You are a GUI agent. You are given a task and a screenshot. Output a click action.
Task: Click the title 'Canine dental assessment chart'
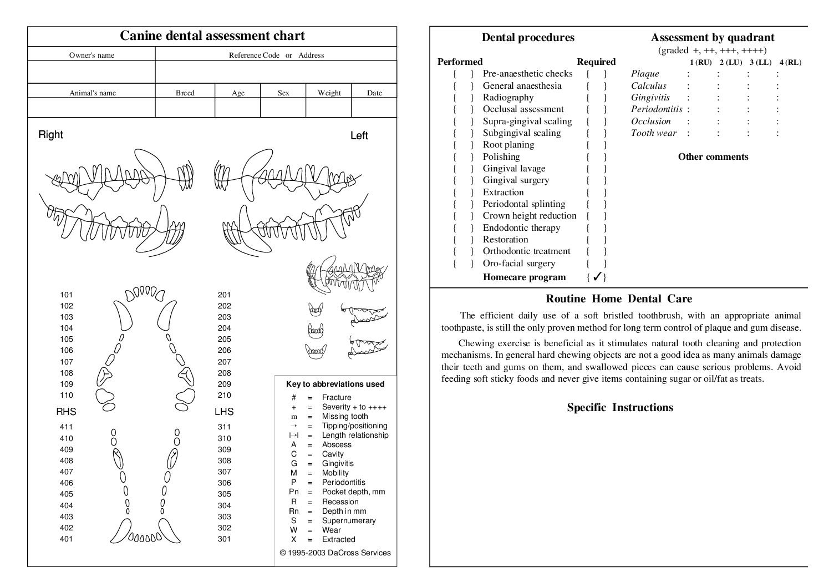212,36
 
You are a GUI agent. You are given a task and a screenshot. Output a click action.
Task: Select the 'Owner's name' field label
91,55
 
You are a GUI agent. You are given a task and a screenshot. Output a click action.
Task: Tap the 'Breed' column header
185,93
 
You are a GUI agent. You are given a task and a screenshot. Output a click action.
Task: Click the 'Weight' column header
329,93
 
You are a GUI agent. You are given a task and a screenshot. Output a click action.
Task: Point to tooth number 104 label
67,328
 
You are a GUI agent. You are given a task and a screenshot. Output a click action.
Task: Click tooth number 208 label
224,373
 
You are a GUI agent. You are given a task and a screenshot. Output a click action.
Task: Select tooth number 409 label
67,449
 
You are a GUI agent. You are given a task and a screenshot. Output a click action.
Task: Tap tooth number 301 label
224,539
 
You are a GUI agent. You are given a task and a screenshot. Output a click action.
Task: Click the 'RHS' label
66,412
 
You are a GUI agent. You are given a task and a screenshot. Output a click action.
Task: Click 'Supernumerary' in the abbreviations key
349,520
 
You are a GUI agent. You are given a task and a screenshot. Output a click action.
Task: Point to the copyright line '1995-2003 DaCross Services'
335,553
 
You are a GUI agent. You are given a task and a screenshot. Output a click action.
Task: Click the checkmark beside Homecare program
597,277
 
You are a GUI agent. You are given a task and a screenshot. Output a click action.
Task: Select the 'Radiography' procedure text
508,98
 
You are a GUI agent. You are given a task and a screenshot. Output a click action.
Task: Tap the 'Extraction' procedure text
503,193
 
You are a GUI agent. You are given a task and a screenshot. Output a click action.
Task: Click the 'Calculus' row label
648,86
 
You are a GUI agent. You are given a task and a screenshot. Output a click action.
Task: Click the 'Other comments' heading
713,156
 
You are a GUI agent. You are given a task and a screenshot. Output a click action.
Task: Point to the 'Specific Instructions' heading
619,407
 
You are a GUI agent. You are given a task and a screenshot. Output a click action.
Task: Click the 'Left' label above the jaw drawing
359,135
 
